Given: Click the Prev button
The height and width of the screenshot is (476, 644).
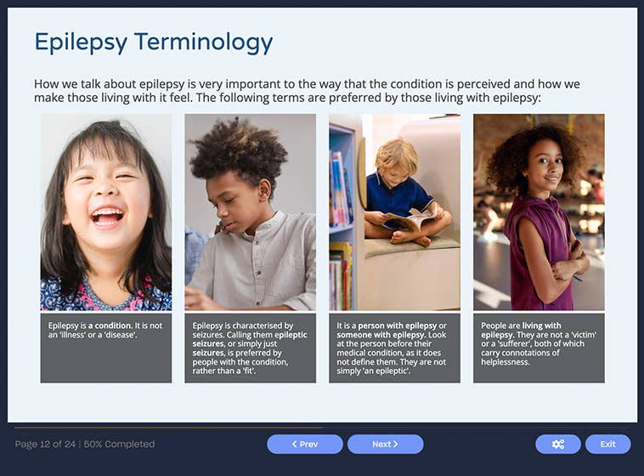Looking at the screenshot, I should (x=304, y=444).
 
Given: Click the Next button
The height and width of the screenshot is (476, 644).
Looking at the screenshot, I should (x=385, y=444).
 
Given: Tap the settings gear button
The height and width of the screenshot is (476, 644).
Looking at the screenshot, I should (x=557, y=444).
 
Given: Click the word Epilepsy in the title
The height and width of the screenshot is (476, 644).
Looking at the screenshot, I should (x=82, y=42).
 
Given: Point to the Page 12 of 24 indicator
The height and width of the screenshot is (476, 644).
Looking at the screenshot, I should (x=54, y=444).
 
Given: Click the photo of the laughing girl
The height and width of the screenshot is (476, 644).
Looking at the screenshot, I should (x=106, y=212).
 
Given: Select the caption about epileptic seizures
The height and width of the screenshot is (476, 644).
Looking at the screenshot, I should (x=250, y=348).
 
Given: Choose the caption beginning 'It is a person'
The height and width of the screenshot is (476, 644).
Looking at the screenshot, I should (x=394, y=348).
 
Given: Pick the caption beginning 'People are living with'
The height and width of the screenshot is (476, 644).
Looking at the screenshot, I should (x=539, y=343).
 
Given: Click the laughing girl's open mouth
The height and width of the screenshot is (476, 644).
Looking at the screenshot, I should (x=107, y=216).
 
